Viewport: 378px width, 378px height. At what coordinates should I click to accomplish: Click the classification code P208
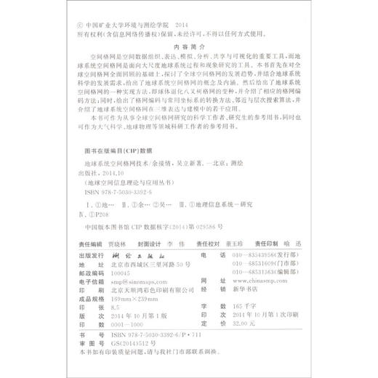(x=98, y=215)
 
